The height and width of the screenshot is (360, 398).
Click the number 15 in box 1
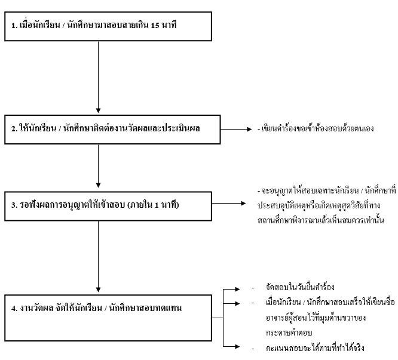pyautogui.click(x=155, y=25)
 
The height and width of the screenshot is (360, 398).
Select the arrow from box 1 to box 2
pyautogui.click(x=98, y=77)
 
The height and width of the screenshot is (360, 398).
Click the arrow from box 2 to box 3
pyautogui.click(x=98, y=166)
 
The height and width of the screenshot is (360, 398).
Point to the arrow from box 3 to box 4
pyautogui.click(x=98, y=257)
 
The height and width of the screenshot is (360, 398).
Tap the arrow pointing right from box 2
pyautogui.click(x=236, y=129)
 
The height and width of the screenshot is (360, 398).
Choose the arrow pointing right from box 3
pyautogui.click(x=229, y=203)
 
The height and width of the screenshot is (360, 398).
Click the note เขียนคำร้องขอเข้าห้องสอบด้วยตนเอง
pyautogui.click(x=316, y=128)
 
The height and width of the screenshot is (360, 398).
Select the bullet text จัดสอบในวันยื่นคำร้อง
pyautogui.click(x=300, y=287)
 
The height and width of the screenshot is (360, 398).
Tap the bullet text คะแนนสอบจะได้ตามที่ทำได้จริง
pyautogui.click(x=315, y=348)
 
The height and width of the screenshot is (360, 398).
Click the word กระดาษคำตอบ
pyautogui.click(x=289, y=333)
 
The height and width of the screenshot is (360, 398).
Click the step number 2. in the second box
pyautogui.click(x=14, y=128)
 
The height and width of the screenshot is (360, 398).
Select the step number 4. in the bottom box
pyautogui.click(x=14, y=308)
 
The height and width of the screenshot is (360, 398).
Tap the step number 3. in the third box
pyautogui.click(x=14, y=205)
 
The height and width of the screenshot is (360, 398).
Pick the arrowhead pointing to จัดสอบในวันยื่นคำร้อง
pyautogui.click(x=237, y=289)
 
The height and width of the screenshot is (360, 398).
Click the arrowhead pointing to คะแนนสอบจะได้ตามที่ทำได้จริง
pyautogui.click(x=237, y=346)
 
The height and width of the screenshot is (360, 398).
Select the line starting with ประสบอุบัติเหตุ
pyautogui.click(x=319, y=205)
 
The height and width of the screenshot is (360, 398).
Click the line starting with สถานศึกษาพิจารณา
pyautogui.click(x=320, y=220)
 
